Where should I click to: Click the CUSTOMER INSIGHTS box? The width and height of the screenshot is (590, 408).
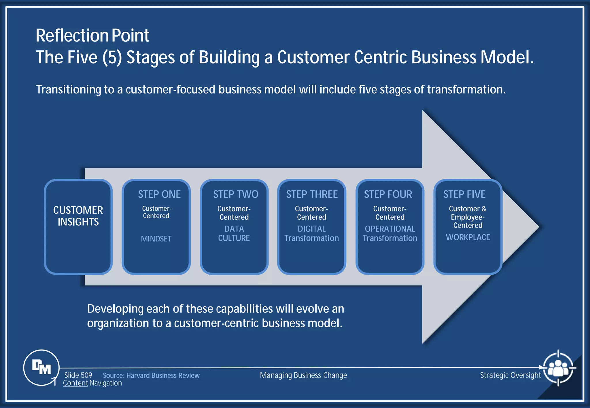[78, 226]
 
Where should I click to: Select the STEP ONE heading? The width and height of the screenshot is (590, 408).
[159, 194]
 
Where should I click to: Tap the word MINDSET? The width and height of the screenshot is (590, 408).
[156, 239]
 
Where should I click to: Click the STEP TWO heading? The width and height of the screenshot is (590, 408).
[236, 194]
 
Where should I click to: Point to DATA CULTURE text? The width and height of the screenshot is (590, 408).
[234, 233]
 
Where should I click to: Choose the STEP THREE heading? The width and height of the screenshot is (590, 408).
[312, 194]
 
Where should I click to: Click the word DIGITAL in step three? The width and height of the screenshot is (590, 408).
[311, 229]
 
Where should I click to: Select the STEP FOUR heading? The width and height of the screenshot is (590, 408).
[388, 194]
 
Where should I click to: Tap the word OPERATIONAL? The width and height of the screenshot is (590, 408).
[390, 229]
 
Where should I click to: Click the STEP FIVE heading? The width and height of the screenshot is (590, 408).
[464, 194]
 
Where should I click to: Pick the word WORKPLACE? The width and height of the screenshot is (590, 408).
[468, 237]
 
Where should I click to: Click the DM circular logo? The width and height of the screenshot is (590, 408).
[41, 367]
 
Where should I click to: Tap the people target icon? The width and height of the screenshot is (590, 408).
[558, 368]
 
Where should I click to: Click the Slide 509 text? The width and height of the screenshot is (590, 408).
[78, 375]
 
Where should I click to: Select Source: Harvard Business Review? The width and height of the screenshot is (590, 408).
[151, 375]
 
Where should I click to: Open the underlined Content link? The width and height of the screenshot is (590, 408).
[75, 383]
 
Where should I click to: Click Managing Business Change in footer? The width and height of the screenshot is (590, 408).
[303, 375]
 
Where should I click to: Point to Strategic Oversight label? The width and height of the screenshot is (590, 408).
[510, 375]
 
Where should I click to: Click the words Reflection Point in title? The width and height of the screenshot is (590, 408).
[92, 36]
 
